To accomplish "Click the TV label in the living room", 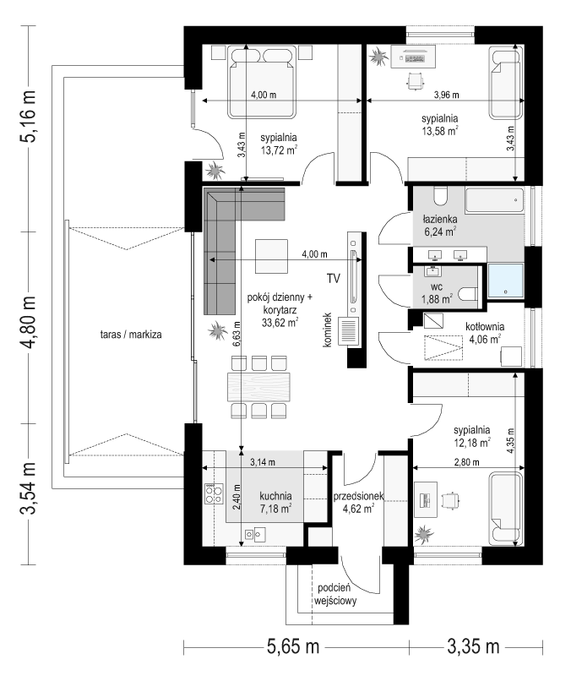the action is pyautogui.click(x=334, y=278).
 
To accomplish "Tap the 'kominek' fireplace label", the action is pyautogui.click(x=328, y=330).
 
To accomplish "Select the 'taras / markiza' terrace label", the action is pyautogui.click(x=131, y=335).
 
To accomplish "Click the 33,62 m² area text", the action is pyautogui.click(x=280, y=322).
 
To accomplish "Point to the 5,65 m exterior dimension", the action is pyautogui.click(x=292, y=646).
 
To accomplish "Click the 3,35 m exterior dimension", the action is pyautogui.click(x=473, y=646).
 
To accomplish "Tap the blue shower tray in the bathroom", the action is pyautogui.click(x=505, y=281).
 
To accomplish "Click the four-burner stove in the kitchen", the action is pyautogui.click(x=214, y=493).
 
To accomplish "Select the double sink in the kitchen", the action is pyautogui.click(x=255, y=534).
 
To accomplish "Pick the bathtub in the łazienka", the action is pyautogui.click(x=495, y=200).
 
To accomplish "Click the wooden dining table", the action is pyautogui.click(x=259, y=386).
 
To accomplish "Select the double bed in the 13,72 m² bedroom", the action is pyautogui.click(x=262, y=83).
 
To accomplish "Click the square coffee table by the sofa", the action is pyautogui.click(x=271, y=256).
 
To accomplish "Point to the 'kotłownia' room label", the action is pyautogui.click(x=485, y=327).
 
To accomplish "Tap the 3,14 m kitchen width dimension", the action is pyautogui.click(x=263, y=462).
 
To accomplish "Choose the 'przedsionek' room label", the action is pyautogui.click(x=358, y=496).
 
